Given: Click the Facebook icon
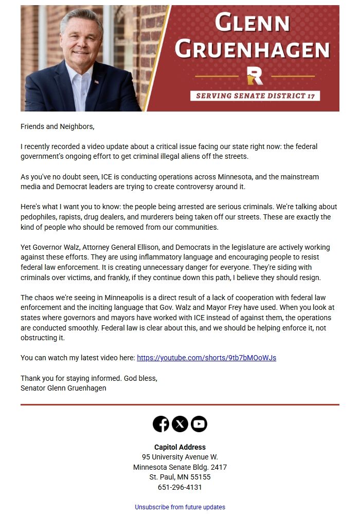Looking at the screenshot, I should (161, 424).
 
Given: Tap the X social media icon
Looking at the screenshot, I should (180, 424).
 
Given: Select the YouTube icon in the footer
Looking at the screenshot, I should (199, 424).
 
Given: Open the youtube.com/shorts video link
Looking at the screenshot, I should (207, 358).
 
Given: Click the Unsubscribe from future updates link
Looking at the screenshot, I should (180, 507).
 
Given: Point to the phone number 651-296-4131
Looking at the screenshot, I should (180, 487).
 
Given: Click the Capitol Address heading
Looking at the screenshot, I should (180, 447).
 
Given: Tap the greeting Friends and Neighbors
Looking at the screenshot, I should (58, 126).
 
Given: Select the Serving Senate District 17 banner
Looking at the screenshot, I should (255, 96).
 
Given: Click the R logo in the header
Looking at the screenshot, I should (255, 76).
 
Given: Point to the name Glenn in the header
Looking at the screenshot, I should (252, 23).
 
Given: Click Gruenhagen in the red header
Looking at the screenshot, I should (252, 49).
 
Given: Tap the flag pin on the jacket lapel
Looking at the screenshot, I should (96, 82).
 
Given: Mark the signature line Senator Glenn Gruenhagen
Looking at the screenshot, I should (63, 388).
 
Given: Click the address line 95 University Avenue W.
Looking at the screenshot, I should (180, 457).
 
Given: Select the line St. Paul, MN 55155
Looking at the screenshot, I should (180, 477).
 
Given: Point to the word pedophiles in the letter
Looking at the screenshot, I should (39, 217).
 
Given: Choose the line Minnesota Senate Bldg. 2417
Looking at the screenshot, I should (180, 467).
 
